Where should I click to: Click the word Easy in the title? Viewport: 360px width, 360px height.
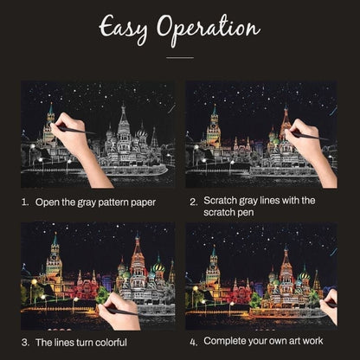123,29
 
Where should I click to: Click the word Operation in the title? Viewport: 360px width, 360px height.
209,30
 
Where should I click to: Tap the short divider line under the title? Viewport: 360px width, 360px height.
180,58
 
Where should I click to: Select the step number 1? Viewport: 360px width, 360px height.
25,202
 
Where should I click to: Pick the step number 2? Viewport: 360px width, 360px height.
194,202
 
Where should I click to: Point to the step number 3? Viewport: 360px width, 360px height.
25,343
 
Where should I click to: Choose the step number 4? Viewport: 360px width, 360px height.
194,343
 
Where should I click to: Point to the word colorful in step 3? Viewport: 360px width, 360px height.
111,343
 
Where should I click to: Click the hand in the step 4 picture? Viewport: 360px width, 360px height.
329,306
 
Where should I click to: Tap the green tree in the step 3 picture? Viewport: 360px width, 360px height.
102,295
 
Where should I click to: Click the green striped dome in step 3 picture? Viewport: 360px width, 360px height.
158,267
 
